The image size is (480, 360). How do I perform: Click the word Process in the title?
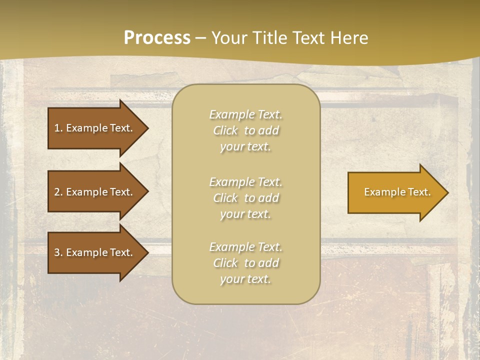157,38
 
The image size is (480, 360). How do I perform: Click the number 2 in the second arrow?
56,192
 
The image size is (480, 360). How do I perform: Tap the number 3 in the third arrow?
56,252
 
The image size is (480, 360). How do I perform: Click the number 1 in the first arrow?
56,128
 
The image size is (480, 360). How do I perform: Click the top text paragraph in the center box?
245,130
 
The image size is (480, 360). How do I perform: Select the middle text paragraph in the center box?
245,197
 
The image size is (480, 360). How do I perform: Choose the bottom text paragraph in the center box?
245,263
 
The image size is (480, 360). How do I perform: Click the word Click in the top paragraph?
225,130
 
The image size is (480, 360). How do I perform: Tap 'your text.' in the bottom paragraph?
245,279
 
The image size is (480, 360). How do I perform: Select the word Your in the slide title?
228,38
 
